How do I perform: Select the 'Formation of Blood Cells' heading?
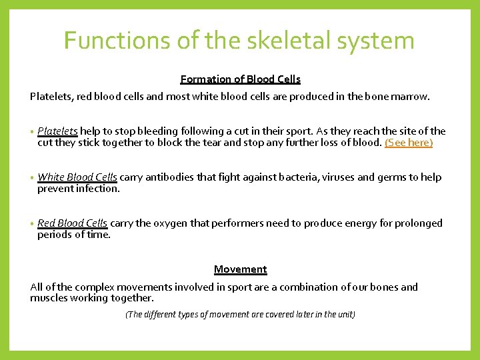tap(240, 79)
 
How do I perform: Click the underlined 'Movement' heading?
tap(240, 270)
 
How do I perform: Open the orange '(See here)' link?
tap(409, 143)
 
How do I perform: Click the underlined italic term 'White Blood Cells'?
tap(77, 177)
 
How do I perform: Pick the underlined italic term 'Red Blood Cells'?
tap(73, 223)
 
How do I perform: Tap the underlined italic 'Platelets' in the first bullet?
tap(58, 131)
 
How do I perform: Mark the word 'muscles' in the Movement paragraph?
tap(48, 298)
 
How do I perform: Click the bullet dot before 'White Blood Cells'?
tap(32, 178)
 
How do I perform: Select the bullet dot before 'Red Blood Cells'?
tap(32, 224)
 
